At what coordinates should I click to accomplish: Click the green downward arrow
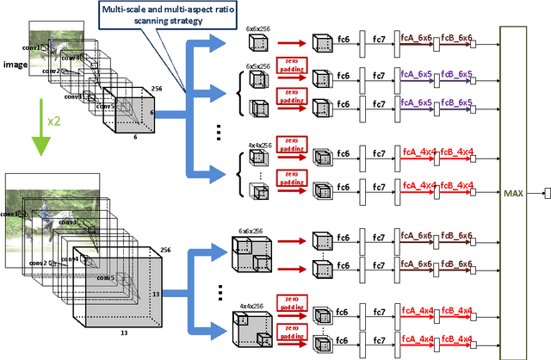coord(35,139)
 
